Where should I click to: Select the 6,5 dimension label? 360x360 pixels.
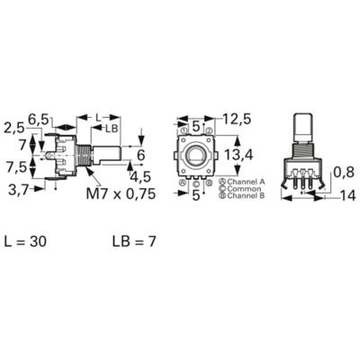click(40, 118)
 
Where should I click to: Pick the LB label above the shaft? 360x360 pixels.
click(112, 128)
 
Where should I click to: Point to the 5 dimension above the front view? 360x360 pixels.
click(195, 125)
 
